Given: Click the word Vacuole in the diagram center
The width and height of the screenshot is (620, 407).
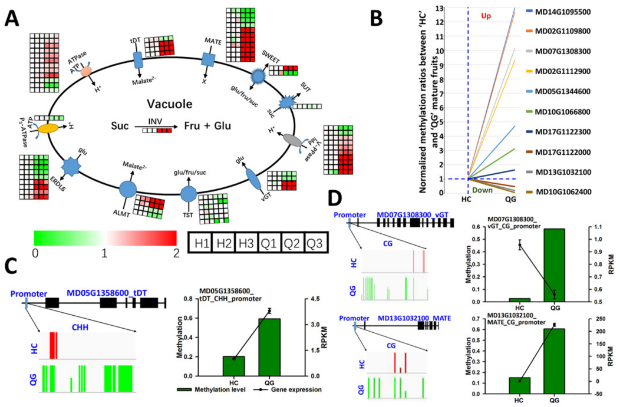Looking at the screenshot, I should tap(170, 104).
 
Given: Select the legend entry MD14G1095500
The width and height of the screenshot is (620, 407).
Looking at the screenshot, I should tap(563, 12).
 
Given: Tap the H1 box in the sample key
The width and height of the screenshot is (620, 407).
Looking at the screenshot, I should tap(202, 243).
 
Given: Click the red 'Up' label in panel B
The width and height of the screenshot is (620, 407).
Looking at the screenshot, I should tap(486, 16).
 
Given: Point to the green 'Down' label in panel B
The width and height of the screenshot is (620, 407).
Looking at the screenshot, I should tap(483, 190).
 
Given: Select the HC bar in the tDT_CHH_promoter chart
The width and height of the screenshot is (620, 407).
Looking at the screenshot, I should tap(234, 366).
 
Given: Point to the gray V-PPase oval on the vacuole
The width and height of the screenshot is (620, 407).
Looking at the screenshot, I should tap(292, 140).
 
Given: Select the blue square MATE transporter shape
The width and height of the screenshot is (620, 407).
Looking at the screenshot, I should tap(208, 60).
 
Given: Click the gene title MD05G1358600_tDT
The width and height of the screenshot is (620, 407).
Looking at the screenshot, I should tap(107, 293).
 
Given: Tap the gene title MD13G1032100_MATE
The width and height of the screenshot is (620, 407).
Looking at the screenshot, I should tap(414, 318).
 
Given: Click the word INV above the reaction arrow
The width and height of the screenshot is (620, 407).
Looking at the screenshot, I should tap(155, 121).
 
